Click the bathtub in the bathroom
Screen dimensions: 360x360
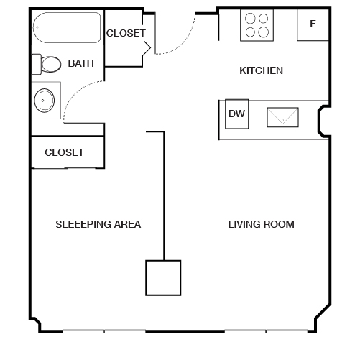pyautogui.click(x=67, y=27)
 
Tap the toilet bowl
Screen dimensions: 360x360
pyautogui.click(x=51, y=64)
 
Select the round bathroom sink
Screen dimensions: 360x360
pyautogui.click(x=45, y=101)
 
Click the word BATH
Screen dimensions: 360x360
pyautogui.click(x=81, y=63)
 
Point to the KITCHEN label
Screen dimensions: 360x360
pyautogui.click(x=261, y=70)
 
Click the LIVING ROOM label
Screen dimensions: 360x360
pyautogui.click(x=261, y=224)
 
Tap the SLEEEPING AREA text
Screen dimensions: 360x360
pyautogui.click(x=98, y=224)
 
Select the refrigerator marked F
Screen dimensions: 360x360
pyautogui.click(x=313, y=25)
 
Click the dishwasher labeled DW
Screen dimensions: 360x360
pyautogui.click(x=237, y=114)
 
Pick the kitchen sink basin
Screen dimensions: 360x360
pyautogui.click(x=282, y=117)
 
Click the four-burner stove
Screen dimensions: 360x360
pyautogui.click(x=257, y=25)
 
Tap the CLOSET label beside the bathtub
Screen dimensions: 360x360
pyautogui.click(x=126, y=33)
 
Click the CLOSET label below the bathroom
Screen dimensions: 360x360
pyautogui.click(x=64, y=152)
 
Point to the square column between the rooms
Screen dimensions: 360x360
pyautogui.click(x=163, y=278)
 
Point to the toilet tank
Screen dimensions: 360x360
pyautogui.click(x=37, y=64)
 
